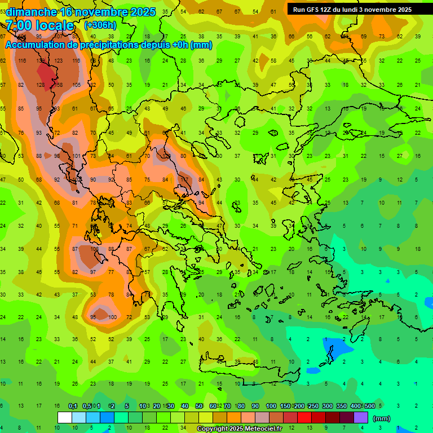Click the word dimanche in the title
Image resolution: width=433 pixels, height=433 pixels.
[31, 12]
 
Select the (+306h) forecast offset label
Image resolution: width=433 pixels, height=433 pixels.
[100, 25]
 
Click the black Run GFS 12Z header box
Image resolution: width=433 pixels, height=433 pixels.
[352, 9]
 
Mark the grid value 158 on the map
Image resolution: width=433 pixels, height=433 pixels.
[58, 85]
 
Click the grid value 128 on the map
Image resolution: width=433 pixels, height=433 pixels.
[40, 85]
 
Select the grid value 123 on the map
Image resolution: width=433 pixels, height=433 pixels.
[58, 61]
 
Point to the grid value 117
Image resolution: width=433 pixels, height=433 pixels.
[184, 179]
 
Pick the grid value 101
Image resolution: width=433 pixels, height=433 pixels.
[76, 156]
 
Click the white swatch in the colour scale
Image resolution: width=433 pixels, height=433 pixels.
[65, 417]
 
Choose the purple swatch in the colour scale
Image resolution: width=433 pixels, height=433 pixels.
[361, 417]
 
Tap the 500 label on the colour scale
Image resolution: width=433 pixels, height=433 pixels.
[370, 407]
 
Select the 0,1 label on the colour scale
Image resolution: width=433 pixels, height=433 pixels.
[73, 407]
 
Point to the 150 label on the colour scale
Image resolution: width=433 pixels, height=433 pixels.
[285, 407]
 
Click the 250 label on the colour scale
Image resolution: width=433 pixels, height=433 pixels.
[313, 407]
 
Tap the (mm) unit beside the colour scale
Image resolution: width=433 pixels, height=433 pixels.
[382, 418]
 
